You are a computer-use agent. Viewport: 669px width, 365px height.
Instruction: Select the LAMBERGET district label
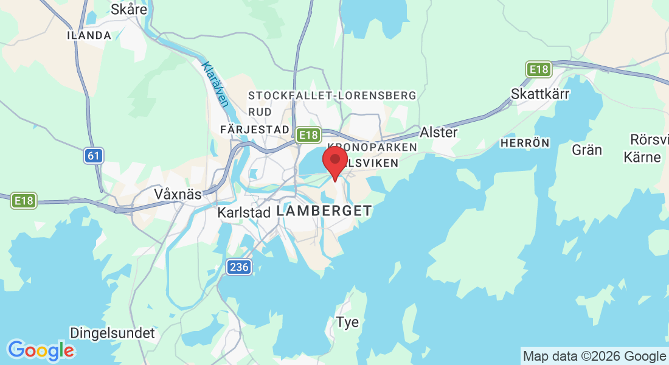click(324, 211)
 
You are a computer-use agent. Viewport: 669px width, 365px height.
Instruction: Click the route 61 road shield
click(93, 156)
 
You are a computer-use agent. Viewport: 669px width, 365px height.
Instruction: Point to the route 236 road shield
click(239, 266)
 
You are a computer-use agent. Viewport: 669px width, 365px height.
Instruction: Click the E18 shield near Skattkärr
click(539, 69)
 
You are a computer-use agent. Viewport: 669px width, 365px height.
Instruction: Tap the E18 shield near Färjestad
click(308, 135)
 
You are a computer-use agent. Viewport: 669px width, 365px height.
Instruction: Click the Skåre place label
click(129, 9)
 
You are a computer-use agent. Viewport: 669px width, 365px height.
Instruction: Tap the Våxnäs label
click(178, 194)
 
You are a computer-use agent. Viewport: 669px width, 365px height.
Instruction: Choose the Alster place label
click(438, 132)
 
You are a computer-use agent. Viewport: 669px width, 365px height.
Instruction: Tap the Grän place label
click(587, 149)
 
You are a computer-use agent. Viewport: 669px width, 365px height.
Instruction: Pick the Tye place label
click(348, 322)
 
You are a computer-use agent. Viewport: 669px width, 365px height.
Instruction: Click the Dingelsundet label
click(113, 333)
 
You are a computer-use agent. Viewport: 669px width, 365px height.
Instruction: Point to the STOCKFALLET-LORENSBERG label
click(332, 96)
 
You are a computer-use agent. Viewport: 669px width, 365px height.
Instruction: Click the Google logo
click(41, 350)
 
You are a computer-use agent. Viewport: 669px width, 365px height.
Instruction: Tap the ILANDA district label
click(89, 35)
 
